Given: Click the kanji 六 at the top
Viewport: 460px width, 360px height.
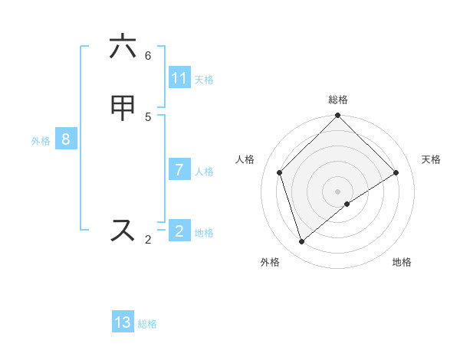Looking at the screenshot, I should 123,47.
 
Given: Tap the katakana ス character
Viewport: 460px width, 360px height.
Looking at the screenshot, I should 123,230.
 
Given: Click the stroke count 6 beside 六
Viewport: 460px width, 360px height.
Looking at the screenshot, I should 148,56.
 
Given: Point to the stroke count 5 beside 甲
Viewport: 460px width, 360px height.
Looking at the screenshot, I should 148,116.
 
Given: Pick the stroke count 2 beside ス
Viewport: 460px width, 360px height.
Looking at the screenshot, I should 148,240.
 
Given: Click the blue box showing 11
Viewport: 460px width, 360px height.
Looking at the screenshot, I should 179,78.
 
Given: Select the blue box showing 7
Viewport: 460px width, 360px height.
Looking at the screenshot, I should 179,170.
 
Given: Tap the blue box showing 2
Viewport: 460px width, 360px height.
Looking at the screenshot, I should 179,231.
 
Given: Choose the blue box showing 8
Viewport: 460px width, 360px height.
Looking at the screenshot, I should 66,139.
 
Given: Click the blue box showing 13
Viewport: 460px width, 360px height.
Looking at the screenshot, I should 123,322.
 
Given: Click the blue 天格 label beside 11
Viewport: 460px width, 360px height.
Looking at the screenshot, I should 204,79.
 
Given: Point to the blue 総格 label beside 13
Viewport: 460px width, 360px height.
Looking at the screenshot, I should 147,324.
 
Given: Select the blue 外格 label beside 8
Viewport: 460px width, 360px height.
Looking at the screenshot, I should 41,141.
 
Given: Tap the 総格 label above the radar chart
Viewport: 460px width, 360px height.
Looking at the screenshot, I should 338,100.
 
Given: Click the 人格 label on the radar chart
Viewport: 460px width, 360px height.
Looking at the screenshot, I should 245,159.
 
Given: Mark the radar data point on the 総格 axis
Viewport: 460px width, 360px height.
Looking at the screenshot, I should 338,116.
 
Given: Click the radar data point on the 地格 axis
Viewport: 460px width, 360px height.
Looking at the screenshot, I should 347,204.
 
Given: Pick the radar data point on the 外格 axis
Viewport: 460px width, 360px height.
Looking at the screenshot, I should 302,241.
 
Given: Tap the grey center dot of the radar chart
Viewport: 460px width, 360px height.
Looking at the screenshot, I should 338,191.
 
